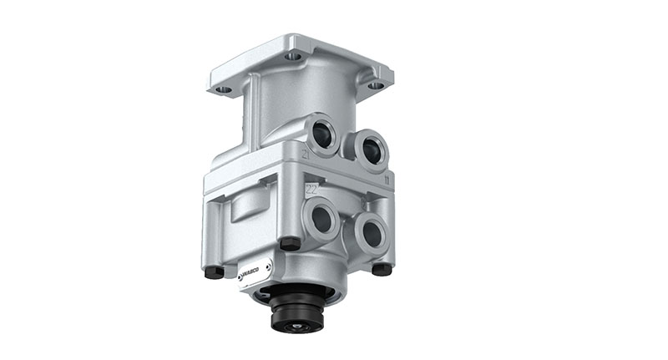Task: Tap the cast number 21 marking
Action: pos(306,155)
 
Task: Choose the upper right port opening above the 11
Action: pos(371,151)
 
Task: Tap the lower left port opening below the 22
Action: pos(321,221)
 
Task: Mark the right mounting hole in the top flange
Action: pos(376,84)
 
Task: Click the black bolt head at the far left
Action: pos(214,271)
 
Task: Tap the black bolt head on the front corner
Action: pos(290,243)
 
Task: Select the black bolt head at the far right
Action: pos(382,269)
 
